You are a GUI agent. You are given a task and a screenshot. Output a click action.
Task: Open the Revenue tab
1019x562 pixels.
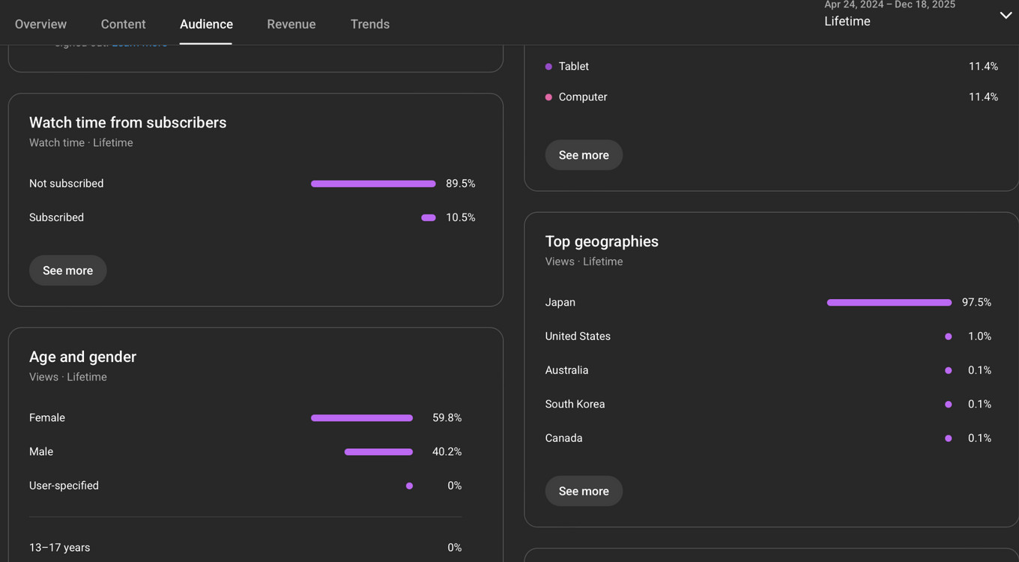tap(291, 24)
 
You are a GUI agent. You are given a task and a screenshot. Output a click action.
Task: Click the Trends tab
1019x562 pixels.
tap(369, 24)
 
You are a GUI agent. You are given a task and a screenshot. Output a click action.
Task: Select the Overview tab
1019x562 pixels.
tap(40, 24)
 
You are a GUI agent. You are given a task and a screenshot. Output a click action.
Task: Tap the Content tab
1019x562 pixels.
tap(123, 24)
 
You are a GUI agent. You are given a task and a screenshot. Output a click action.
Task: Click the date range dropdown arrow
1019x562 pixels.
tap(1006, 16)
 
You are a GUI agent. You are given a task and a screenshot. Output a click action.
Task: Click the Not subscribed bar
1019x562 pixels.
tap(373, 184)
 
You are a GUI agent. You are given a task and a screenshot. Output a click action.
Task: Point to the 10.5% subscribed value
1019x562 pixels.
tap(460, 217)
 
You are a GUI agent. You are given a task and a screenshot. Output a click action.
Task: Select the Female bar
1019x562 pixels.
tap(361, 418)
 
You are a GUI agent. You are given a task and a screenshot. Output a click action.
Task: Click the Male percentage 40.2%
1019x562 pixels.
tap(447, 452)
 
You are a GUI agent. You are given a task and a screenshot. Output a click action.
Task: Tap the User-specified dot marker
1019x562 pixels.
tap(409, 486)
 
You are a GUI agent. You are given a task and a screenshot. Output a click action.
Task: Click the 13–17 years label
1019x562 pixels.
tap(59, 548)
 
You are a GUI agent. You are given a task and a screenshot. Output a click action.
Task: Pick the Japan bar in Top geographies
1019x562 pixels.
tap(889, 303)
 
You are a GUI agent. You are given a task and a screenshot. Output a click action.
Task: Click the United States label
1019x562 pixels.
tap(578, 336)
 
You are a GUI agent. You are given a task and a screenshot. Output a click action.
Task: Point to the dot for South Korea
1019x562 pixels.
tap(948, 405)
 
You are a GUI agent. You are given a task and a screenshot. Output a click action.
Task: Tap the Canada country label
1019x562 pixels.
tap(563, 438)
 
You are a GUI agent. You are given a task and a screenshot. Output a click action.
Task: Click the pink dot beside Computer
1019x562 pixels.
tap(548, 97)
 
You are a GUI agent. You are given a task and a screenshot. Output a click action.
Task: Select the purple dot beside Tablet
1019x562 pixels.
tap(548, 67)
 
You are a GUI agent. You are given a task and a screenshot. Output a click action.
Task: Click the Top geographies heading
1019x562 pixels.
tap(602, 241)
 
